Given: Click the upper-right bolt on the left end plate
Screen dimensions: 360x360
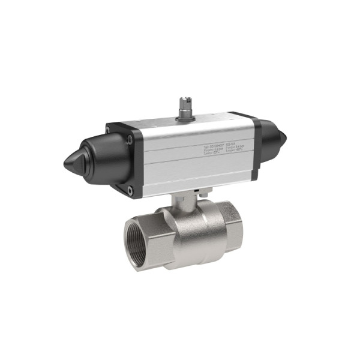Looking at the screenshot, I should click(130, 140).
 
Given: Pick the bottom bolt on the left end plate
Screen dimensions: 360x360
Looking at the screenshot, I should click(130, 191).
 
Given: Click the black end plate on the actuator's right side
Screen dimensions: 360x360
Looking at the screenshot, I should click(256, 147).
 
